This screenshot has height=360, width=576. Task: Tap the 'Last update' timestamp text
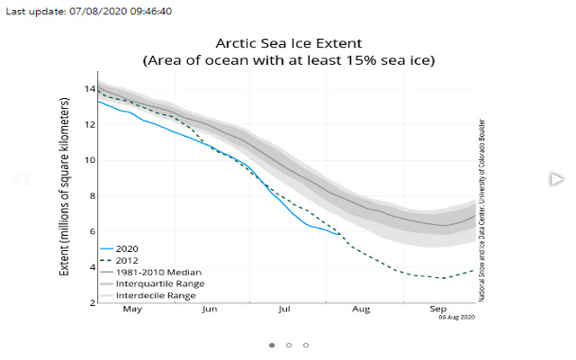coord(86,12)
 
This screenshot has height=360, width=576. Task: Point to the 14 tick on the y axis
coord(87,89)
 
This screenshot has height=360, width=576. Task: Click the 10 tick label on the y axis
coord(87,160)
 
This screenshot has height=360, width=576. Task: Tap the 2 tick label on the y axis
coord(90,303)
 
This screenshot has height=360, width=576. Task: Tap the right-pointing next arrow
coord(555,179)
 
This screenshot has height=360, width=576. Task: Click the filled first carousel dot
coord(272,345)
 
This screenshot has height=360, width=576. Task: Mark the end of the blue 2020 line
coord(340,235)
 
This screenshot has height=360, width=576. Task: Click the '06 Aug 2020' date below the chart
coord(456,317)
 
